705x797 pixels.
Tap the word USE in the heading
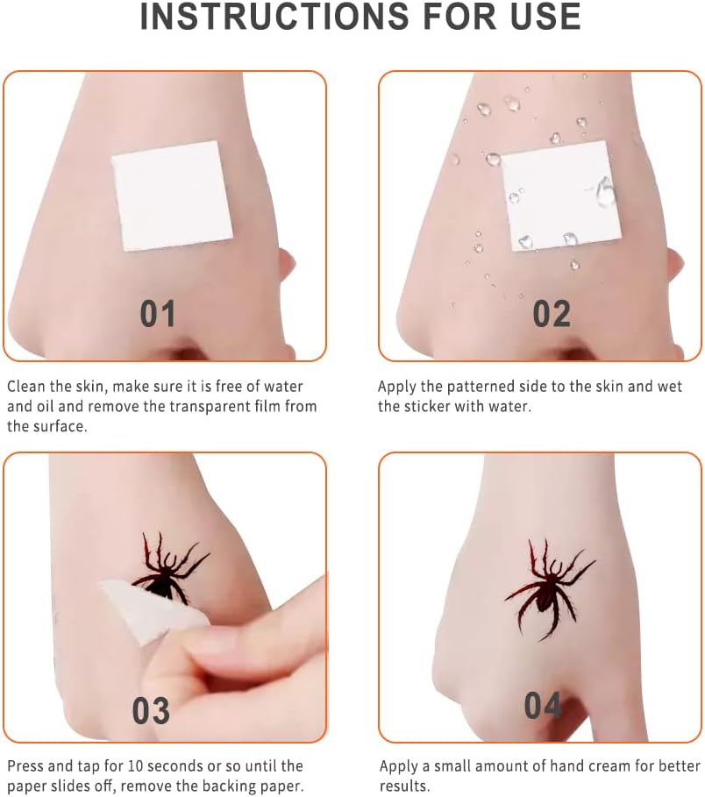coord(545,17)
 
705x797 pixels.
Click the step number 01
coord(158,314)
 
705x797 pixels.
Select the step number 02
coord(552,314)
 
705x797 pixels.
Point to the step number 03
coord(151,710)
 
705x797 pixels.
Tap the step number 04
coord(543,706)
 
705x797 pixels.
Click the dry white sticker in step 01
coord(172,196)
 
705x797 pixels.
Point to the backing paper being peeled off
coord(156,611)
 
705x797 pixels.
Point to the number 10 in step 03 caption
coord(135,765)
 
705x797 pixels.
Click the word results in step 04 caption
coord(404,786)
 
